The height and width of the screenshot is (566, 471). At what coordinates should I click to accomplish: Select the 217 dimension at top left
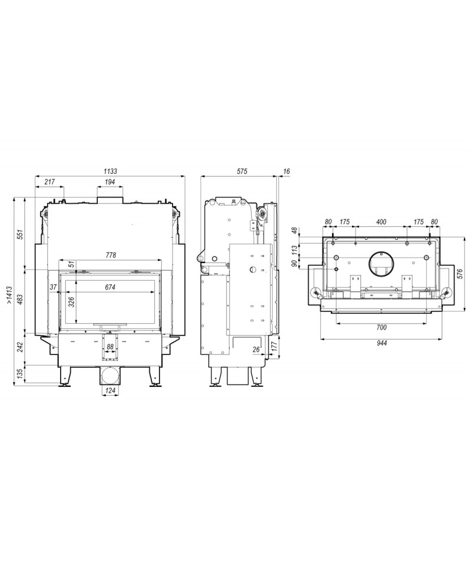pyautogui.click(x=49, y=182)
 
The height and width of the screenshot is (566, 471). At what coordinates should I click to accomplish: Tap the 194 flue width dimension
pyautogui.click(x=110, y=182)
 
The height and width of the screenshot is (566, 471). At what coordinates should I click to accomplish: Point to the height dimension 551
pyautogui.click(x=21, y=234)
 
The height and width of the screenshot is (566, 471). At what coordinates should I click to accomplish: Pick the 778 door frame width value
pyautogui.click(x=111, y=255)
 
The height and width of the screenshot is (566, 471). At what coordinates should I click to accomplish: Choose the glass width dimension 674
pyautogui.click(x=110, y=287)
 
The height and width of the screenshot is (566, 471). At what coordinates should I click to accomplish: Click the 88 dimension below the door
pyautogui.click(x=110, y=347)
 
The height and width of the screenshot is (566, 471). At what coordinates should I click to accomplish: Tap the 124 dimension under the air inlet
pyautogui.click(x=110, y=390)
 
